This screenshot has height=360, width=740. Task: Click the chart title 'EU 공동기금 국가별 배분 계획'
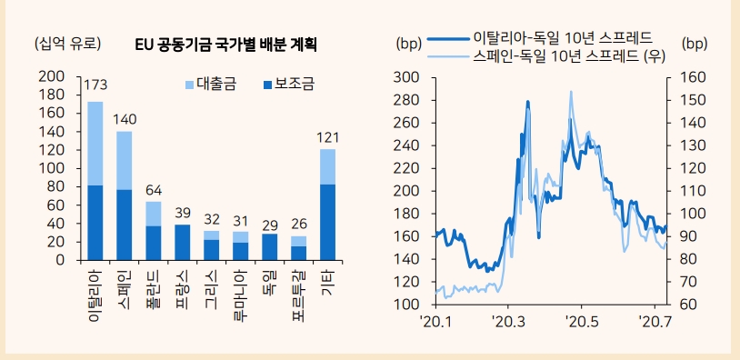[231, 44]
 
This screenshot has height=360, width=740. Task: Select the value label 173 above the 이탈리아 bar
[95, 85]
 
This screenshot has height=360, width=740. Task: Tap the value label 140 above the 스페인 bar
[125, 118]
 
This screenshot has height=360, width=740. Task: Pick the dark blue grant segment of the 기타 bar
[327, 222]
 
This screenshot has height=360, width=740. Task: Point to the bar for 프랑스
[183, 242]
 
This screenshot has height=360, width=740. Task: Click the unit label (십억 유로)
[67, 44]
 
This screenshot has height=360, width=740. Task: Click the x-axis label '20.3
[508, 322]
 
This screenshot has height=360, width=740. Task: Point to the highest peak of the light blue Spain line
[571, 92]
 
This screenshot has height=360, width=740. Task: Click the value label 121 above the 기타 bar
[327, 137]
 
